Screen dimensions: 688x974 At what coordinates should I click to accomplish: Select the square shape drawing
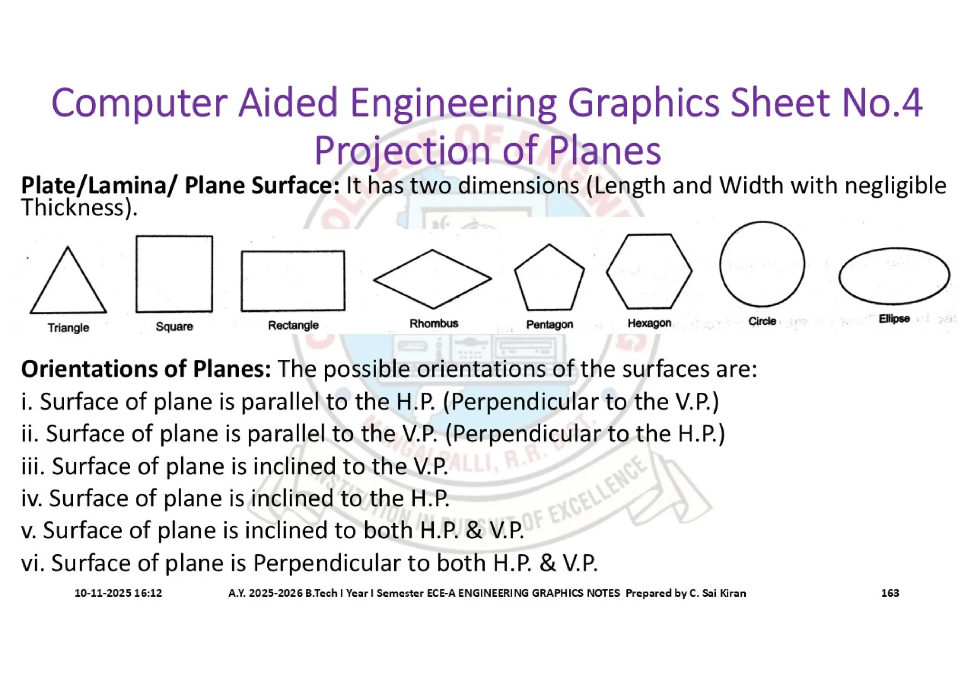(x=174, y=274)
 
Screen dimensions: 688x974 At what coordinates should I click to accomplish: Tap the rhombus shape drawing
(x=432, y=279)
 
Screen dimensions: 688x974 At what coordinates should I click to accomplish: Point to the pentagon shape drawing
(x=549, y=279)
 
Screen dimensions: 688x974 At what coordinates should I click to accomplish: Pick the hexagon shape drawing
(x=649, y=271)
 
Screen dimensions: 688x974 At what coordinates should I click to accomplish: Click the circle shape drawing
(x=762, y=264)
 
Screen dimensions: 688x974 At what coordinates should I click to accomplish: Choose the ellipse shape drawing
(x=894, y=276)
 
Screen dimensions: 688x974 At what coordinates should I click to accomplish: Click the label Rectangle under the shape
(x=293, y=325)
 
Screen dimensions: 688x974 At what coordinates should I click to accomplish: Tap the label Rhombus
(x=434, y=323)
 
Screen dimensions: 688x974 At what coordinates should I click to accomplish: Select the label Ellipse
(x=894, y=319)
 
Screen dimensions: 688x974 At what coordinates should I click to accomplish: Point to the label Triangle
(x=68, y=328)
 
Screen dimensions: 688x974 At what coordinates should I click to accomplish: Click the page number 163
(x=890, y=593)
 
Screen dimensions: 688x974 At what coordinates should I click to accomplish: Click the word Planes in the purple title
(x=604, y=151)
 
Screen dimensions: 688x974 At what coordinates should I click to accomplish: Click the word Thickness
(x=72, y=208)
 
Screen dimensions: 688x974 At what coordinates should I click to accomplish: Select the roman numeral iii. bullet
(x=33, y=466)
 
